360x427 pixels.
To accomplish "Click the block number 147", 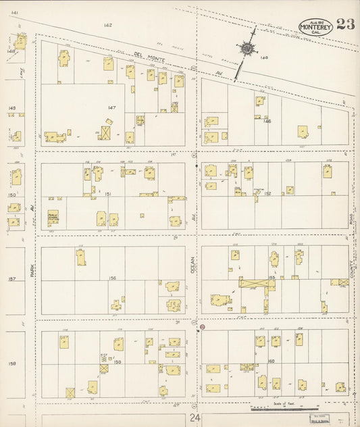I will (112, 107).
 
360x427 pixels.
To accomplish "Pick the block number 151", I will (108, 194).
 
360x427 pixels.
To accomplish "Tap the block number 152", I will (267, 194).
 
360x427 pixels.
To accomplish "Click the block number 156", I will (112, 278).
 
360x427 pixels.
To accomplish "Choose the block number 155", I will (273, 278).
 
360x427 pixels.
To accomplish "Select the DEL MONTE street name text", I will (145, 55).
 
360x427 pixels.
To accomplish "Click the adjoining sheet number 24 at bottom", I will (195, 418).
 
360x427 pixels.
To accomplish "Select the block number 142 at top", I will (107, 25).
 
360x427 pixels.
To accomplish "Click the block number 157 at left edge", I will (11, 278).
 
